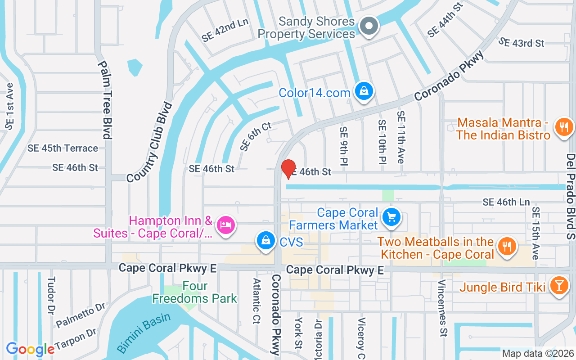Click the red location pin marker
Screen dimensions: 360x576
pyautogui.click(x=288, y=169)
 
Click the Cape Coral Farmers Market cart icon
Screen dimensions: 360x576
pyautogui.click(x=391, y=217)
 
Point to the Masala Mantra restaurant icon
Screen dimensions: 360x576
pyautogui.click(x=562, y=126)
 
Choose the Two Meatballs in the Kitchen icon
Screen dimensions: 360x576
pyautogui.click(x=507, y=246)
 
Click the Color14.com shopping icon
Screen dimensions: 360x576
pyautogui.click(x=364, y=91)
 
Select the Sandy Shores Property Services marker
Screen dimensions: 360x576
pyautogui.click(x=369, y=26)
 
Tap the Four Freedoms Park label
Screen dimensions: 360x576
pyautogui.click(x=195, y=292)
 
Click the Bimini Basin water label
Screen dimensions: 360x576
pyautogui.click(x=144, y=332)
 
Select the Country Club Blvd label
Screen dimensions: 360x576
pyautogui.click(x=150, y=142)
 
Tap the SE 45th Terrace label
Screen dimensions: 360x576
pyautogui.click(x=63, y=148)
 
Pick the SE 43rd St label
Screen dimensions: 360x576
pyautogui.click(x=522, y=43)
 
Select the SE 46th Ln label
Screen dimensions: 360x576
pyautogui.click(x=506, y=202)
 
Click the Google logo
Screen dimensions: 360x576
pyautogui.click(x=30, y=349)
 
